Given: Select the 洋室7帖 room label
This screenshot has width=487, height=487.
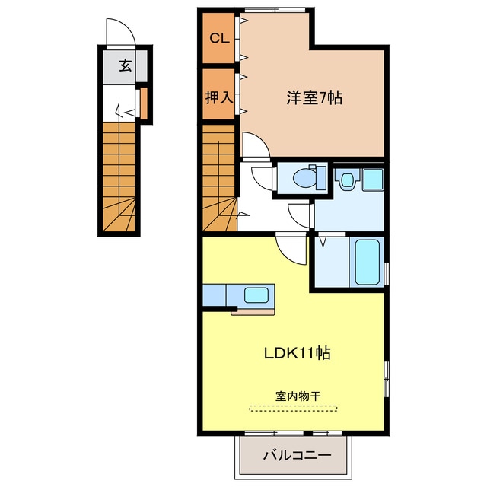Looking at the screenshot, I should (x=314, y=97).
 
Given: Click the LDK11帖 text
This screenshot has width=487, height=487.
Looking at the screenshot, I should (x=296, y=353).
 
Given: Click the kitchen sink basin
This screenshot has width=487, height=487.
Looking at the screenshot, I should (x=255, y=294).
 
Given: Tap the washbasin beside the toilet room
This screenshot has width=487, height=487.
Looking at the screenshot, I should (x=346, y=180).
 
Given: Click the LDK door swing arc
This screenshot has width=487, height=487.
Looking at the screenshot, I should (x=289, y=245).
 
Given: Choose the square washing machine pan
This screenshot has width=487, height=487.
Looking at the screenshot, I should (x=373, y=180).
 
